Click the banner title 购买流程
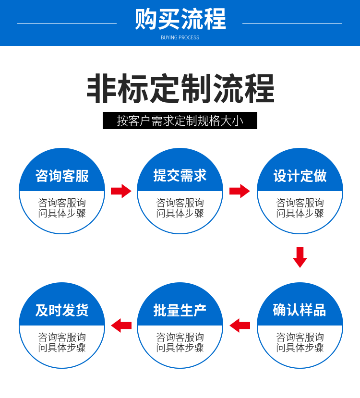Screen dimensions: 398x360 (x=180, y=20)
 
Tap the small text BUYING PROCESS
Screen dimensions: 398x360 (x=180, y=37)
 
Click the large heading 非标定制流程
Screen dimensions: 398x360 (x=180, y=89)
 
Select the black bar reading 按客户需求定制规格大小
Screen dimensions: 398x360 (x=180, y=121)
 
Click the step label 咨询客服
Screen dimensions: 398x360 (x=62, y=176)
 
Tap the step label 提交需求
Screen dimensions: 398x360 (x=180, y=176)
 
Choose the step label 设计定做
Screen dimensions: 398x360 (x=300, y=176)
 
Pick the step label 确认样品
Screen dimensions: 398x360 (x=300, y=310)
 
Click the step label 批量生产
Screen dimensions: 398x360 (x=180, y=310)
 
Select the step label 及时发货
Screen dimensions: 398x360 (x=62, y=310)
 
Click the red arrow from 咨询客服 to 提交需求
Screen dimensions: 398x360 (x=121, y=191)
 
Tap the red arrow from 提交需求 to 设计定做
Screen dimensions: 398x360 (x=240, y=191)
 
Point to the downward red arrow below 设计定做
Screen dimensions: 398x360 (x=300, y=257)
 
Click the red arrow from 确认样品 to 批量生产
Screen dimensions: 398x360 (x=240, y=326)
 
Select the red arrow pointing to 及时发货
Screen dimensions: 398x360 (x=121, y=326)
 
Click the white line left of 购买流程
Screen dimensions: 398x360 (x=67, y=23)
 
